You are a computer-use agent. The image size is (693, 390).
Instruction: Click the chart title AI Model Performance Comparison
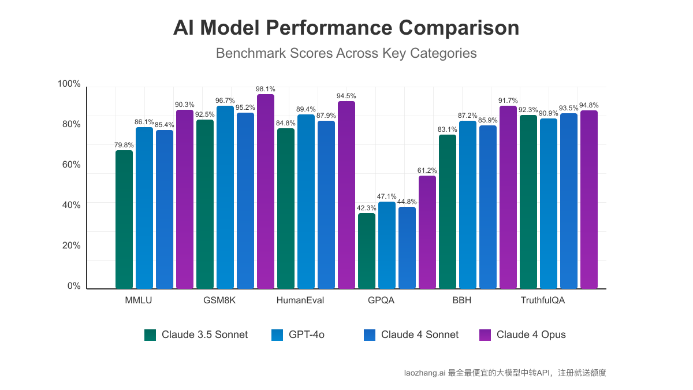(346, 28)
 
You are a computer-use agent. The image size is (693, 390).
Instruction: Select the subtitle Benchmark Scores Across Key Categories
(346, 53)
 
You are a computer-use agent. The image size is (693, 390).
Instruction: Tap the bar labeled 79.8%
(124, 220)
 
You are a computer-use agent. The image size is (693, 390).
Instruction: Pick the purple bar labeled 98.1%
(266, 191)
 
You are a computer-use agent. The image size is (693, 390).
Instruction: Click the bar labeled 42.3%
(367, 251)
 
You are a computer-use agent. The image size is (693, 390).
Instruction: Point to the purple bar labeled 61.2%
(427, 232)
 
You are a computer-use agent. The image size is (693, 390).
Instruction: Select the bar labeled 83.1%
(448, 211)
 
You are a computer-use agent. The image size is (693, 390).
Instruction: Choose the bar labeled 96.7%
(225, 197)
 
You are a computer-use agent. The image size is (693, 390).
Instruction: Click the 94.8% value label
(588, 105)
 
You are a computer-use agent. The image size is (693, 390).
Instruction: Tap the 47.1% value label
(387, 196)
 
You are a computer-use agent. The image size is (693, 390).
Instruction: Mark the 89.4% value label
(306, 109)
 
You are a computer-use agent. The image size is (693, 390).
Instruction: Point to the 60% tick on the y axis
(69, 165)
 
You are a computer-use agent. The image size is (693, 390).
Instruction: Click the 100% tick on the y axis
(69, 84)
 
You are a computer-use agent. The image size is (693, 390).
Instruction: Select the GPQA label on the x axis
(381, 300)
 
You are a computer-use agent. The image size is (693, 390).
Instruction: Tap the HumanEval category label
(300, 300)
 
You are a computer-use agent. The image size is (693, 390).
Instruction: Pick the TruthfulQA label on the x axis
(543, 300)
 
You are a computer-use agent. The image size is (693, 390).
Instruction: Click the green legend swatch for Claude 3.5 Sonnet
(150, 335)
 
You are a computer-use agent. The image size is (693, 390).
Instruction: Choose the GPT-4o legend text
(307, 335)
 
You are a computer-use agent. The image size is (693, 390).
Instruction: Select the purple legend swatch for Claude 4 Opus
(485, 335)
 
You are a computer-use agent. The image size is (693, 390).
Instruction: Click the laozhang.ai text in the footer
(424, 373)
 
